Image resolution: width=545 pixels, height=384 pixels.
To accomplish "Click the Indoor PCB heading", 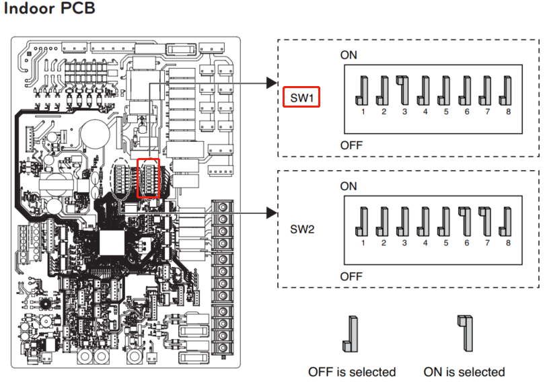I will coord(50,11).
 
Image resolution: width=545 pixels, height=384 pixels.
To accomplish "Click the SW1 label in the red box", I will coord(302,99).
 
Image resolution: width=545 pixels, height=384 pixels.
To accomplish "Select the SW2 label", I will coord(302,229).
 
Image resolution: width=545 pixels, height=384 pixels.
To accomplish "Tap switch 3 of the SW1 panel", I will coord(404,90).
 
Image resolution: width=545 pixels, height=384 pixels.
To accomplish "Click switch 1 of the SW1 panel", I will coord(363,90).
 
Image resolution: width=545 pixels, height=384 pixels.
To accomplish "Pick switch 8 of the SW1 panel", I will coord(508,90).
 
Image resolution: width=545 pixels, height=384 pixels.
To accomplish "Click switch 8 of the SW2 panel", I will coord(508,220).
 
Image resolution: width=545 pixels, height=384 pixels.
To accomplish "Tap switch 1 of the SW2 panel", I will coord(363,220).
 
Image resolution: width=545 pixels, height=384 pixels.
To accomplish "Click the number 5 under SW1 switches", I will coord(446,112).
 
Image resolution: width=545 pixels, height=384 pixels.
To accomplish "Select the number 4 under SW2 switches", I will coord(425,242).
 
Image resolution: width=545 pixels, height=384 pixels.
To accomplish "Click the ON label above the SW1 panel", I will coord(349,55).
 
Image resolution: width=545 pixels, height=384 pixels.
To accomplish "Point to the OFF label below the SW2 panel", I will coord(351,276).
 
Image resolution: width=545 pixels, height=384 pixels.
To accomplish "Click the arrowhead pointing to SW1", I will coord(272,83).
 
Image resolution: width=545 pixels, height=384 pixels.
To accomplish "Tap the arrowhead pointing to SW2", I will coord(272,213).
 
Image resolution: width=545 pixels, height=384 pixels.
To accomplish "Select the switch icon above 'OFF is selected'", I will coord(352,334).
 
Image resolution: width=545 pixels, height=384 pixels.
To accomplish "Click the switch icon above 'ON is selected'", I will coord(464,334).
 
